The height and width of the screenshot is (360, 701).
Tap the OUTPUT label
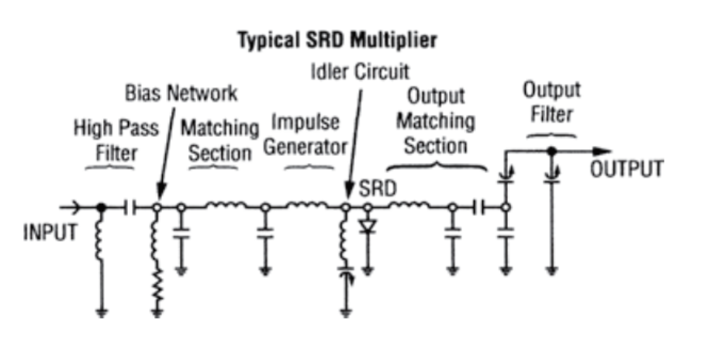point(627,169)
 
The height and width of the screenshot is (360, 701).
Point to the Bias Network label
point(181,93)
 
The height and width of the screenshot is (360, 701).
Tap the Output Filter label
point(551,102)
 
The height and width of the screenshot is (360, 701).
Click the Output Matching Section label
point(437,121)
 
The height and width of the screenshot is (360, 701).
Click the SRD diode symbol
point(368,227)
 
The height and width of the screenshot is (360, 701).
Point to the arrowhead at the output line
point(602,151)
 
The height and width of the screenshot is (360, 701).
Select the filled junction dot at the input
point(101,207)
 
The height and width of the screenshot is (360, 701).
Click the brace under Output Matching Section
point(437,164)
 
